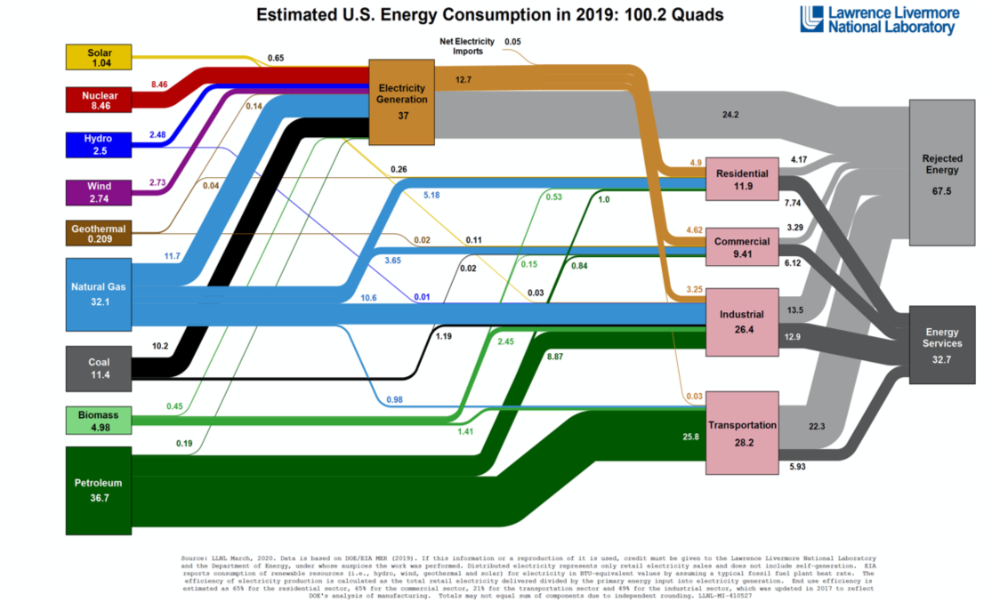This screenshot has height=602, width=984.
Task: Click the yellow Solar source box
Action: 99,58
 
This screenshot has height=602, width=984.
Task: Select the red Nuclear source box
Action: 99,100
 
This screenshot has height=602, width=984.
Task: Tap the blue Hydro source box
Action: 99,145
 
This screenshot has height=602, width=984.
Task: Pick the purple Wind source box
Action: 99,191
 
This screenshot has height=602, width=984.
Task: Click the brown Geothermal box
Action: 99,233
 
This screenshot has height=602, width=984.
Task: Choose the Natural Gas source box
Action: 99,293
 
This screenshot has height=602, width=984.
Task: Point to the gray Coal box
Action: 99,367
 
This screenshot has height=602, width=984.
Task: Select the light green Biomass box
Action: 99,420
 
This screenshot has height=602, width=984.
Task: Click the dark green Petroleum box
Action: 99,490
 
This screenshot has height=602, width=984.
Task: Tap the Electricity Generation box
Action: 402,102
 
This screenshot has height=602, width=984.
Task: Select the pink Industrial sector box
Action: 742,322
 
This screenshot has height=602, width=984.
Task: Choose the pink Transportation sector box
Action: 742,432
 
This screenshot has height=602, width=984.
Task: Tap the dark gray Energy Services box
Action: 942,344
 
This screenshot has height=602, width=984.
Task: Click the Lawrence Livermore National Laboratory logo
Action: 877,20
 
